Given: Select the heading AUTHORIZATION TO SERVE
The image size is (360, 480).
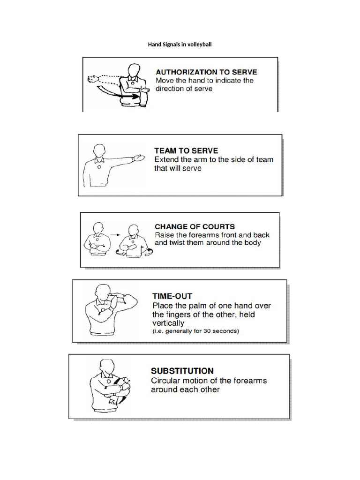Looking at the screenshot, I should pyautogui.click(x=206, y=72).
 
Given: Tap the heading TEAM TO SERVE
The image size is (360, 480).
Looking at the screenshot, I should pyautogui.click(x=186, y=150).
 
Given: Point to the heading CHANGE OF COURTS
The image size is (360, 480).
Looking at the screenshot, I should pyautogui.click(x=195, y=226).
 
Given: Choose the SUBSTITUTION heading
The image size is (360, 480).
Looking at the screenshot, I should pyautogui.click(x=182, y=370).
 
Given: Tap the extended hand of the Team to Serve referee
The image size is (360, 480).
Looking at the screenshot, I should pyautogui.click(x=139, y=157).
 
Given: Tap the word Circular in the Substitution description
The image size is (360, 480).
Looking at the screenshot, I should pyautogui.click(x=166, y=380).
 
